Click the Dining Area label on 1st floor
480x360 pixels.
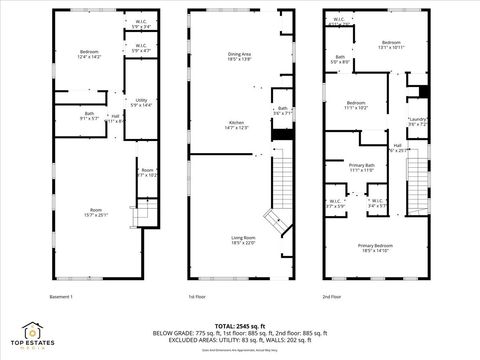[239, 57]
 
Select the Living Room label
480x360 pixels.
[244, 240]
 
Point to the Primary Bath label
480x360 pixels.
[362, 167]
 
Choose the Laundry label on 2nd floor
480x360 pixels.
[417, 122]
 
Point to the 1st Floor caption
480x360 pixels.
[198, 297]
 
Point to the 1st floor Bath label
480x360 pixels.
[283, 111]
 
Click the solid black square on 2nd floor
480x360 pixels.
[424, 92]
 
